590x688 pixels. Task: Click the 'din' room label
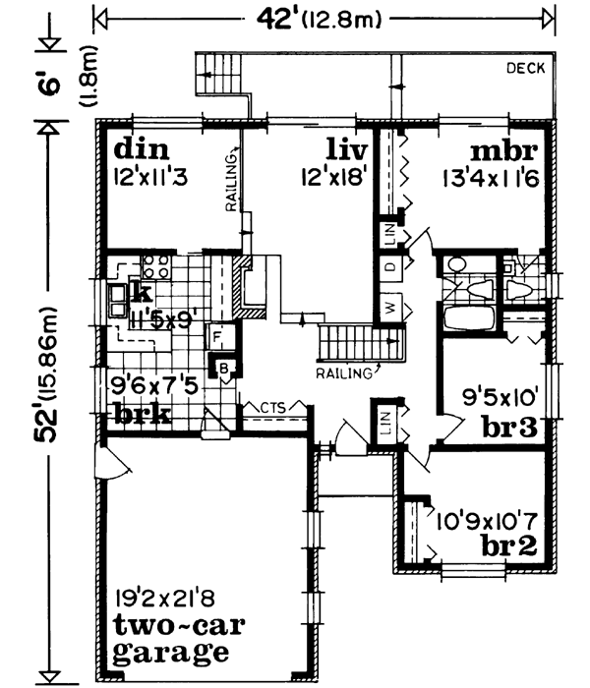144,149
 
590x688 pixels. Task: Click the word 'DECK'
525,68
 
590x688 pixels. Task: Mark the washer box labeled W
389,309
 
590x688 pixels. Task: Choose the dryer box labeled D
389,268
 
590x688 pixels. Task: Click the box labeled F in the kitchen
214,335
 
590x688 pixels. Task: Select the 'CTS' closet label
273,406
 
